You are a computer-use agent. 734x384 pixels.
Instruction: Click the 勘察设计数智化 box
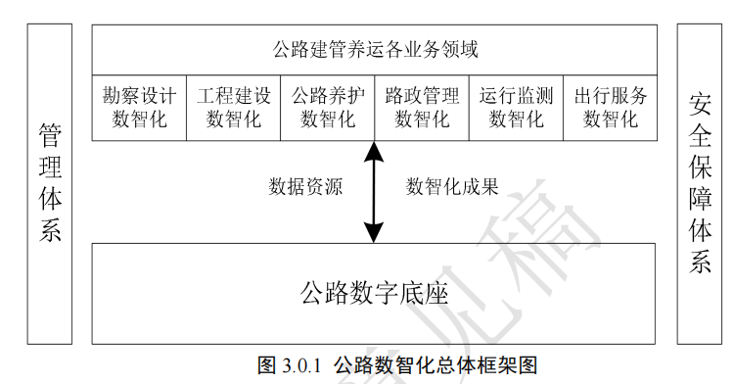tap(139, 108)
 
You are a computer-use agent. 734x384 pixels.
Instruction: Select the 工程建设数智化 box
tap(233, 108)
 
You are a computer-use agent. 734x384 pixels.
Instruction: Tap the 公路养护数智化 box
tap(327, 108)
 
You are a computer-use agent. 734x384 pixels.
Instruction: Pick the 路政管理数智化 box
tap(422, 108)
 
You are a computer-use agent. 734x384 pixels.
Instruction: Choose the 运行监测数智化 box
tap(516, 108)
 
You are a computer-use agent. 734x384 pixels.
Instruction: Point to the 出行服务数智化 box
tap(610, 108)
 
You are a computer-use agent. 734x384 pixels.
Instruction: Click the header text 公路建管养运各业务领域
tap(375, 49)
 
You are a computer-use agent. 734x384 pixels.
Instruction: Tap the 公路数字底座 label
tap(374, 293)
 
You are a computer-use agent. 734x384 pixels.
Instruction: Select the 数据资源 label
tap(305, 186)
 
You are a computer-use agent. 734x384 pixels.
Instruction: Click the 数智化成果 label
tap(452, 186)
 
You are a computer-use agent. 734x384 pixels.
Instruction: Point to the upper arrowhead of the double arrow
tap(374, 151)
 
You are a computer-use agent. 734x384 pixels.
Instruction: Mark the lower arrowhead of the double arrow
tap(374, 233)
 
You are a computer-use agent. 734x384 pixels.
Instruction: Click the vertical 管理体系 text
tap(50, 182)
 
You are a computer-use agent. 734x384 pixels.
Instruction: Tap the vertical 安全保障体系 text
tap(700, 183)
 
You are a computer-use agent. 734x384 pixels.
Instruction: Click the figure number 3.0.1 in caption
tap(301, 365)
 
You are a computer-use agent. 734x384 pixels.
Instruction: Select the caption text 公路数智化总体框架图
tap(436, 365)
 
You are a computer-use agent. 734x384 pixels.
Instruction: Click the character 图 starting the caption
tap(267, 365)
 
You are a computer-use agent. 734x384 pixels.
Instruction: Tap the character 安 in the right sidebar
tap(700, 105)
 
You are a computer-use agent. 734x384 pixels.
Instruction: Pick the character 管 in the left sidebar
tap(50, 135)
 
